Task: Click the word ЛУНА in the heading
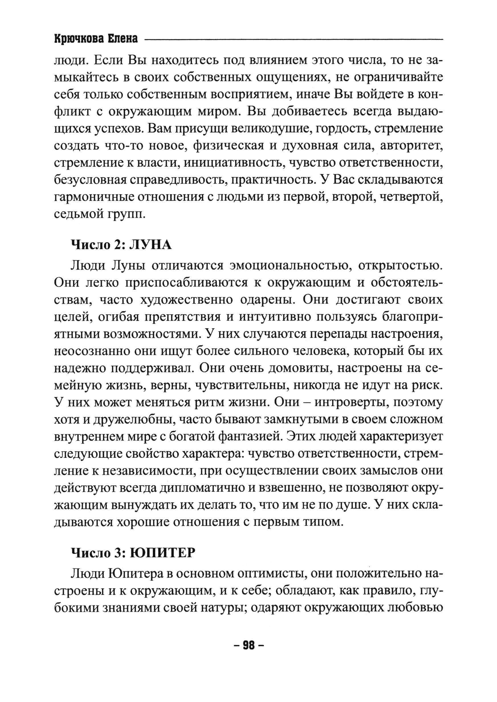(x=150, y=245)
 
